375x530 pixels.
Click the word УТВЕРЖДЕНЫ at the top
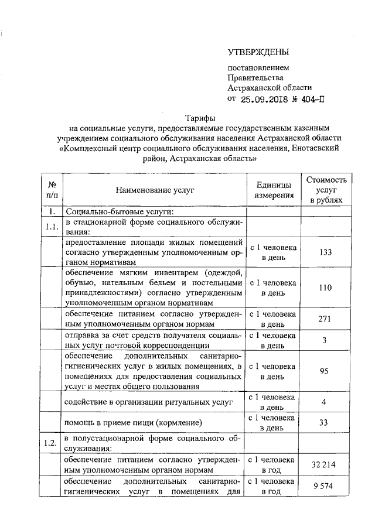click(258, 53)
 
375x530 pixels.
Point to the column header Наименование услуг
click(154, 190)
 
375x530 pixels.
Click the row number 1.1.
click(52, 227)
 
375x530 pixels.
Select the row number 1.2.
click(52, 443)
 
